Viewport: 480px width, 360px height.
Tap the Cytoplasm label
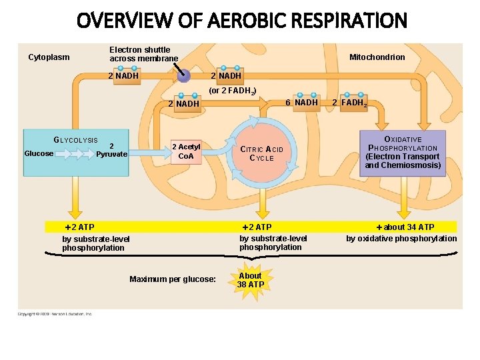(49, 57)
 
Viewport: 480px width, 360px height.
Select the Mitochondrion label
(377, 57)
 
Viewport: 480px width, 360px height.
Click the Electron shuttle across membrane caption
(143, 54)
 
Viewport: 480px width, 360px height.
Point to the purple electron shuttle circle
(183, 76)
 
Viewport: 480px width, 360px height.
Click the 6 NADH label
(301, 103)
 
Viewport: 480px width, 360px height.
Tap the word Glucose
(39, 153)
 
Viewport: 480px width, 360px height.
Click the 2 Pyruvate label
(111, 150)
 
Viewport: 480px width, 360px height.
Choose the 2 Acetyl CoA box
(186, 151)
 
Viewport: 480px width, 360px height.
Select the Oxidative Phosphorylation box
(403, 153)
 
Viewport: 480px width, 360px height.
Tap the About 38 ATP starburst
(251, 280)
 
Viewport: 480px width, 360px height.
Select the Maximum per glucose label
(173, 279)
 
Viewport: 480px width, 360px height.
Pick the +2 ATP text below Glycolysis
(79, 227)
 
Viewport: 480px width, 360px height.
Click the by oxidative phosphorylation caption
(401, 239)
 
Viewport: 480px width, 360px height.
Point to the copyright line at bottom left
(55, 313)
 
